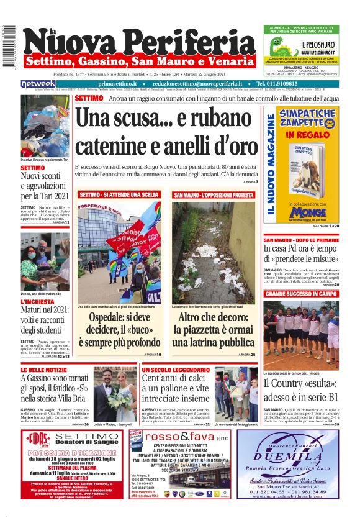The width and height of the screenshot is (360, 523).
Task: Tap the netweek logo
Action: point(38,83)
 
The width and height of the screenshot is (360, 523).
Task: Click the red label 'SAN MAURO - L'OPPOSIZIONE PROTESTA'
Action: point(214,195)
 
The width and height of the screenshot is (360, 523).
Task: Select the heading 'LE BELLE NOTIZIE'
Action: point(43,370)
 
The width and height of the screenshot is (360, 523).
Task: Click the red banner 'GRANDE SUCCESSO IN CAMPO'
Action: point(301,293)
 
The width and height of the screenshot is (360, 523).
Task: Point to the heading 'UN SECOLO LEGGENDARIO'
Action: point(174,370)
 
